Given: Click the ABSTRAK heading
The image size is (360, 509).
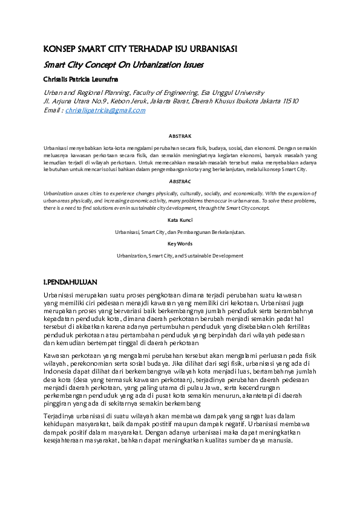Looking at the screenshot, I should [180, 137].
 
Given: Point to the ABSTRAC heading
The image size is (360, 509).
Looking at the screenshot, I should [180, 181].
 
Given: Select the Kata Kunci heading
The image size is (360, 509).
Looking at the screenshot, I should [180, 221].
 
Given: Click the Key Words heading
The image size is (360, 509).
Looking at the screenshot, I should [180, 244].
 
